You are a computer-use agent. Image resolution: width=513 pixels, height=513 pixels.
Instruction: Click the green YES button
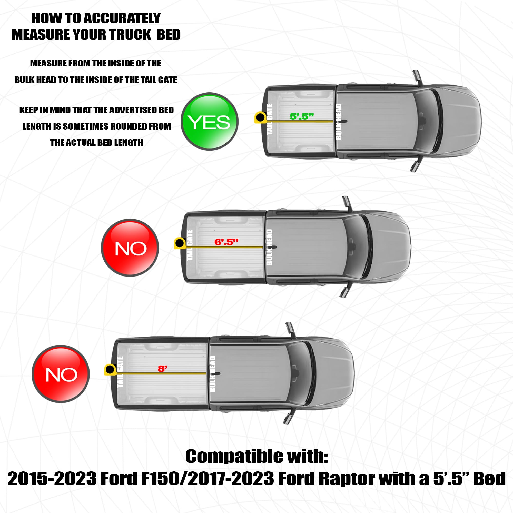[210, 121]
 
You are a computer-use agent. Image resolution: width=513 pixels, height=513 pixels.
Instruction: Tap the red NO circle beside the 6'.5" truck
[130, 248]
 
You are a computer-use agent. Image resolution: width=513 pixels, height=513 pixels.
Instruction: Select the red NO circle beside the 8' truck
[61, 374]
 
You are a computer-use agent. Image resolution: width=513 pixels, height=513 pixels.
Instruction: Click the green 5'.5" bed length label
[302, 116]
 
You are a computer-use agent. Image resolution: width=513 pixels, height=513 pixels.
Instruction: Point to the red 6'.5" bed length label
[226, 242]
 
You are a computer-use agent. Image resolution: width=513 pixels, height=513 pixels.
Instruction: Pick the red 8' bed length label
[162, 369]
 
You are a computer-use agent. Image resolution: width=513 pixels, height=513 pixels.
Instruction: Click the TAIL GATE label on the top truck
[270, 120]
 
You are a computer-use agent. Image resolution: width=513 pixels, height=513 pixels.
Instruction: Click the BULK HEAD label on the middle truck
[269, 247]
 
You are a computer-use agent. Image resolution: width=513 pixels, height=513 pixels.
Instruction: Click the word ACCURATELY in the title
[122, 18]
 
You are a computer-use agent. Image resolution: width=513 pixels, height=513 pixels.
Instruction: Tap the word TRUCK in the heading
[130, 35]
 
